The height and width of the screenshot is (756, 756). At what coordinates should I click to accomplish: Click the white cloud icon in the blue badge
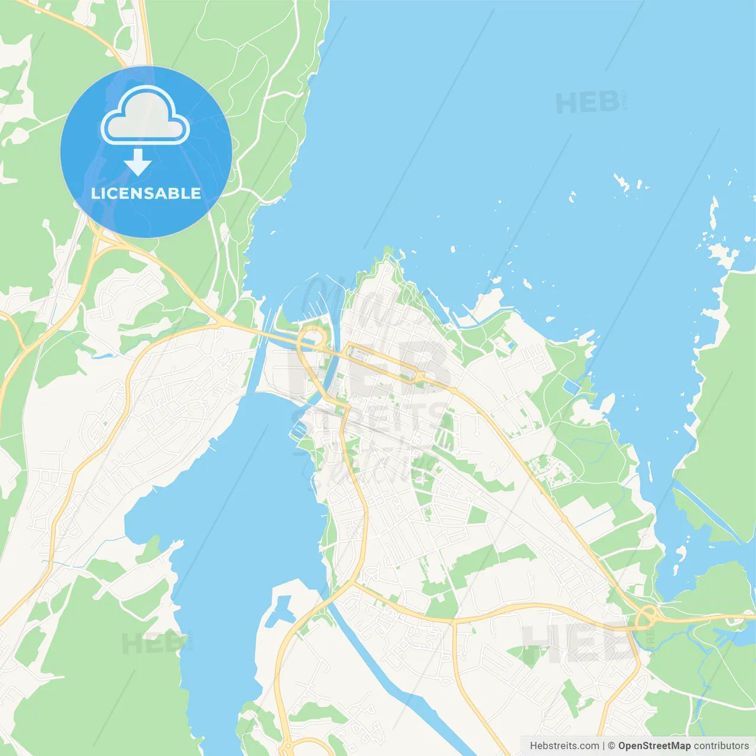coord(145,116)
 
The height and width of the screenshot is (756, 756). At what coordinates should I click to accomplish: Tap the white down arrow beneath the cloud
coord(138,162)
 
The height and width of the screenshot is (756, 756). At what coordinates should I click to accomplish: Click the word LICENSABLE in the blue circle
coord(146,194)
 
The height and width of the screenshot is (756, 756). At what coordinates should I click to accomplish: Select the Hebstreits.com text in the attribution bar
coord(564,746)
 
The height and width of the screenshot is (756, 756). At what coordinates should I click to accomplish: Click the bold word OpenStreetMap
coord(654,746)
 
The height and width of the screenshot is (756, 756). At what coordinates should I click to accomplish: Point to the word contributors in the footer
coord(721,746)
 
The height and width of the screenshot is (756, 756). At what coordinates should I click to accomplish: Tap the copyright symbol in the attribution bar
coord(611,746)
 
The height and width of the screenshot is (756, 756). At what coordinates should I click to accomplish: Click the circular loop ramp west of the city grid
coord(311,340)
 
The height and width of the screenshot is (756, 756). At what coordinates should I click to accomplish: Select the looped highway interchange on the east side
coord(647,617)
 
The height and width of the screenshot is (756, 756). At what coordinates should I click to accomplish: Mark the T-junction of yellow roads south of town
coord(454,622)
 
